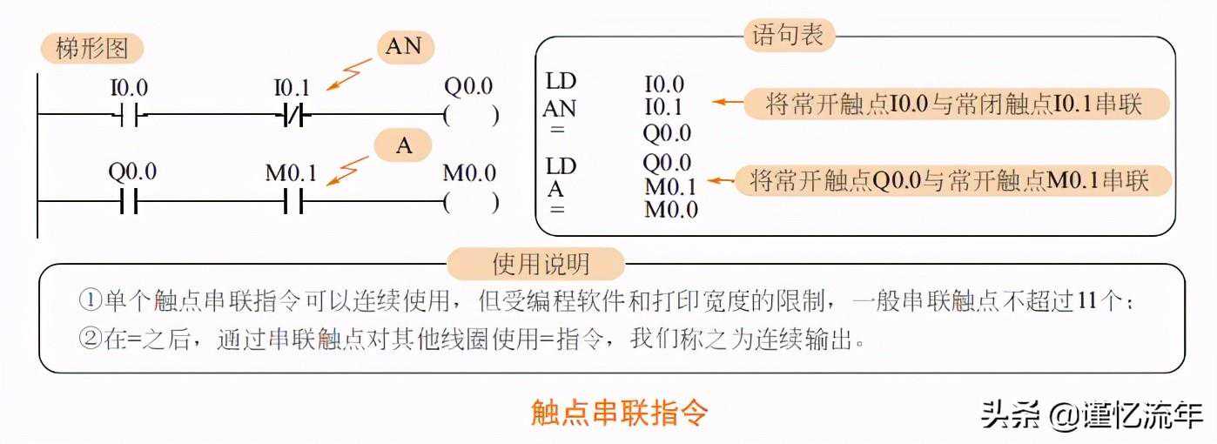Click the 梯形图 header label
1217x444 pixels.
coord(91,49)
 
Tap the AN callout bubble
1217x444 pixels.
coord(403,47)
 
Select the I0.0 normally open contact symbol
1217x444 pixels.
coord(129,115)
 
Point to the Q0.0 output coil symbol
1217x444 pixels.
coord(471,115)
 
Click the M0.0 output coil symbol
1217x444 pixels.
coord(471,204)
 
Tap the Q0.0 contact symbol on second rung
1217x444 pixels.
coord(129,204)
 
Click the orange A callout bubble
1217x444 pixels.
coord(404,145)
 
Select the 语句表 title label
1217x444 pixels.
coord(789,36)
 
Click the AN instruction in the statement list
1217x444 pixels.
coord(560,108)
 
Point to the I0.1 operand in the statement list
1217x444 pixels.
coord(664,108)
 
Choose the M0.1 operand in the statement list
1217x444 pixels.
coord(669,186)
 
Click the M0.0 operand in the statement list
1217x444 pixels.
coord(670,209)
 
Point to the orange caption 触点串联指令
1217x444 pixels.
coord(619,412)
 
